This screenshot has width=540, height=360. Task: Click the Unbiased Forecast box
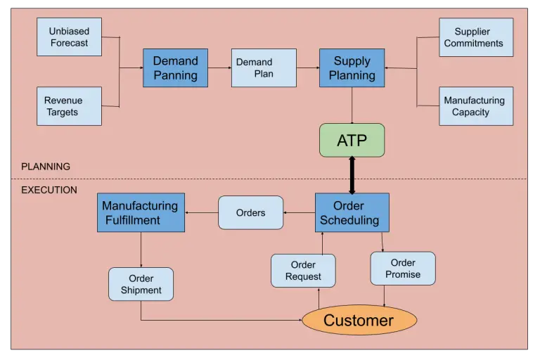tap(69, 37)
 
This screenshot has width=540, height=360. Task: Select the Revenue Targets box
tap(69, 106)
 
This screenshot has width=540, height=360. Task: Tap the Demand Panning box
tap(175, 68)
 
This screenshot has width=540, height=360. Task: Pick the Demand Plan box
tap(264, 68)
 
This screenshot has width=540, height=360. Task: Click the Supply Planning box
tap(352, 68)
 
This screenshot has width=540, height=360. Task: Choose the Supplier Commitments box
tap(476, 37)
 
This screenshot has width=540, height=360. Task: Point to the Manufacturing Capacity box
tap(476, 106)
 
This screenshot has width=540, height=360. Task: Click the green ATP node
tap(352, 140)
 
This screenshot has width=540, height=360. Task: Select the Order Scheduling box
tap(352, 212)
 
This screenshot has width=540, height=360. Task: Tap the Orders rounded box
tap(251, 212)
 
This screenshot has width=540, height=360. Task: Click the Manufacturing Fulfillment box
tap(141, 212)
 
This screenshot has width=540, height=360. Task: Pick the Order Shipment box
tap(141, 284)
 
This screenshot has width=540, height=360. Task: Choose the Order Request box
tap(303, 271)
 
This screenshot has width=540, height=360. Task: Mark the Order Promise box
tap(403, 269)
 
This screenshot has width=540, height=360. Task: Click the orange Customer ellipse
tap(359, 320)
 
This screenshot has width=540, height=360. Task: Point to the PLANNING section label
tap(46, 167)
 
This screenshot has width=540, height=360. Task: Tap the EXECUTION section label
tap(49, 190)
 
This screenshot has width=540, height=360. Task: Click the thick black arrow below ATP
tap(352, 175)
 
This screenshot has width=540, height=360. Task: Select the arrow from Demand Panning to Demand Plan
tap(219, 68)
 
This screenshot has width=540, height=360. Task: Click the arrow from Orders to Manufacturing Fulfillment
tap(202, 212)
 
